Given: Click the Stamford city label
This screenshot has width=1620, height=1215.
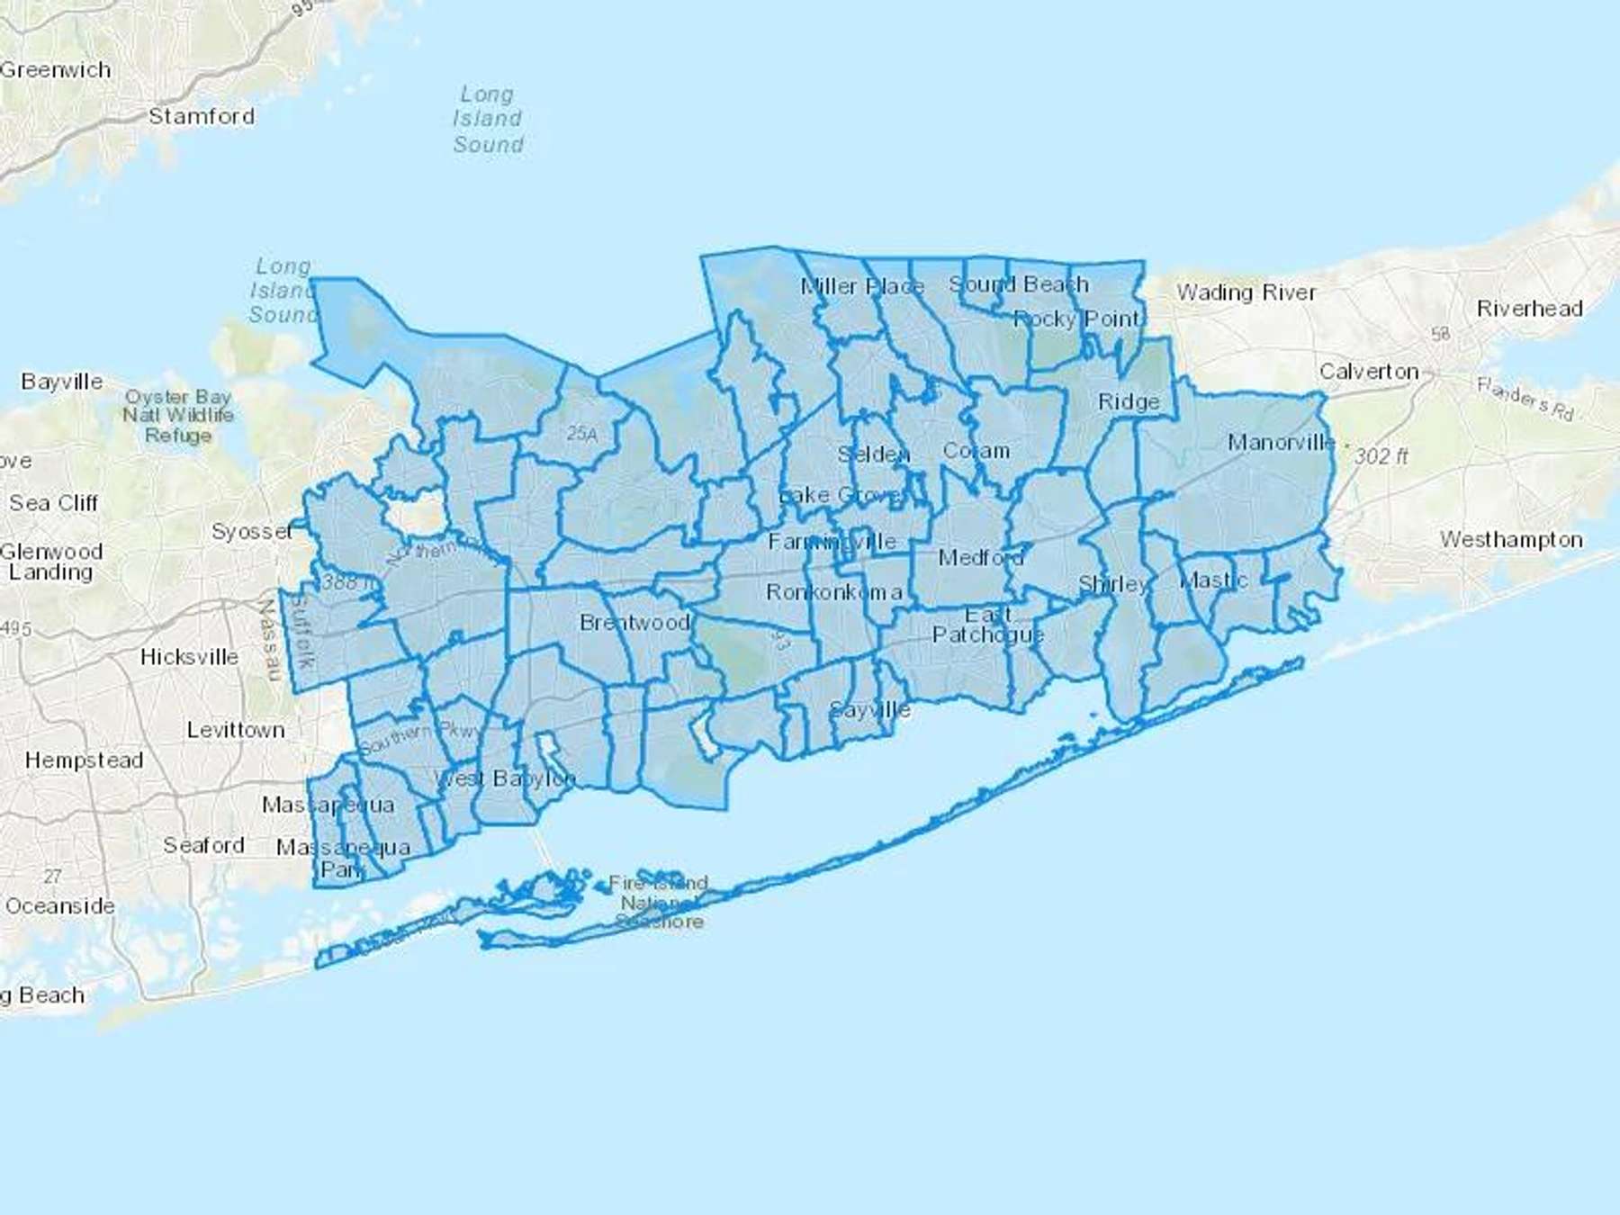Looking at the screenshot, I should pos(202,116).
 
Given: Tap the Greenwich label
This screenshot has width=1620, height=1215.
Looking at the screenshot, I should pos(56,70).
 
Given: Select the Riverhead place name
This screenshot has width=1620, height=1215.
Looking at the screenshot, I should pos(1529,309).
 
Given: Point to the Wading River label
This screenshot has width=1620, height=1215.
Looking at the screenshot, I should pos(1246,292).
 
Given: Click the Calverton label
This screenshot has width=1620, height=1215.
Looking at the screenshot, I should pos(1368,372).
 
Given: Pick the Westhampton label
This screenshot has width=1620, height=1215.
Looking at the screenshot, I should pos(1511,540).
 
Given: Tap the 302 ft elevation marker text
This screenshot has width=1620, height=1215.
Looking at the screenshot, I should pos(1381,456).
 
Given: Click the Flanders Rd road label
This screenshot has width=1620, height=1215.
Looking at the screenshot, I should pos(1525,399).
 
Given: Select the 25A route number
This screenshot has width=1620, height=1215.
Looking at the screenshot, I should pos(582,434).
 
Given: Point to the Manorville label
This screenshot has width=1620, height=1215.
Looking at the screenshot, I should pos(1281,442).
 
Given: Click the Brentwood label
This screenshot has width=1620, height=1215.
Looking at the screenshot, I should pos(634,623).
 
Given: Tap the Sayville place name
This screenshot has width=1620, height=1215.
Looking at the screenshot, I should pos(869,710).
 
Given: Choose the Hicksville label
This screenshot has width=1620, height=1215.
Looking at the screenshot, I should pos(189,657).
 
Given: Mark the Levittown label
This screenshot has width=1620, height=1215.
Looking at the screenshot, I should pos(236,730).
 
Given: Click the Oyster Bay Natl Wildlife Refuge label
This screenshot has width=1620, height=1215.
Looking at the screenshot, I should pos(178,416).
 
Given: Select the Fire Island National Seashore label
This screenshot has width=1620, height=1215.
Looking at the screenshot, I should pos(660,902).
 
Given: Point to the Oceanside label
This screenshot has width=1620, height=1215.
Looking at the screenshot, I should pos(60,906).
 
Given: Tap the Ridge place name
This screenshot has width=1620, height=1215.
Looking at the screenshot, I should pos(1129,402).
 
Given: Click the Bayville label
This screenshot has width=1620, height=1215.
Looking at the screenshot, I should pos(62,382).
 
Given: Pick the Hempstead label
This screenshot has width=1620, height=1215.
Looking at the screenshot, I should pos(84,760).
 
